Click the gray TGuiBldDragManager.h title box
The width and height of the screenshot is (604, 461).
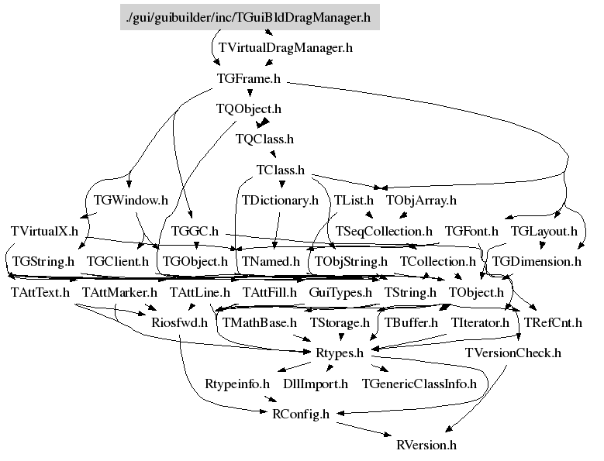(250, 17)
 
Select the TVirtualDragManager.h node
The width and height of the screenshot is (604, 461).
(285, 48)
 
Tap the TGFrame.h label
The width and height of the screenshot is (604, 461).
(249, 78)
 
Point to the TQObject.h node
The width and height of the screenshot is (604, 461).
(249, 109)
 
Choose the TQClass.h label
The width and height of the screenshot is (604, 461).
(264, 139)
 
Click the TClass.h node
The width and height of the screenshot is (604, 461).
(281, 170)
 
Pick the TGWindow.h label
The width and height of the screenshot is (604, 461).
(131, 200)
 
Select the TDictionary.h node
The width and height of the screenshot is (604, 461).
(280, 201)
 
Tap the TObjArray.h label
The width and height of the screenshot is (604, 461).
(421, 201)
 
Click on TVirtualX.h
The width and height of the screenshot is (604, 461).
(44, 231)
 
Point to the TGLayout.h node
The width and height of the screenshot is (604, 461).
(544, 231)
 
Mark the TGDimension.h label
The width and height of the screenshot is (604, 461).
(537, 262)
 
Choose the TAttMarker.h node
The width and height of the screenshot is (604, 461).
(119, 292)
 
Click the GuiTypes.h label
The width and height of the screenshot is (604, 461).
(340, 292)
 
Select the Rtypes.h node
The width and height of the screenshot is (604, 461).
(340, 353)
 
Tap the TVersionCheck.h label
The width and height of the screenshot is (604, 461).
(513, 353)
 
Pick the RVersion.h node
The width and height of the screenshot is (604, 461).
(426, 445)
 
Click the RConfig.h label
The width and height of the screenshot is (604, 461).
(301, 414)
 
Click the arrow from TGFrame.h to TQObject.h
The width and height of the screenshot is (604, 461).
(250, 93)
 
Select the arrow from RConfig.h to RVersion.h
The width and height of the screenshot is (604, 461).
(364, 429)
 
